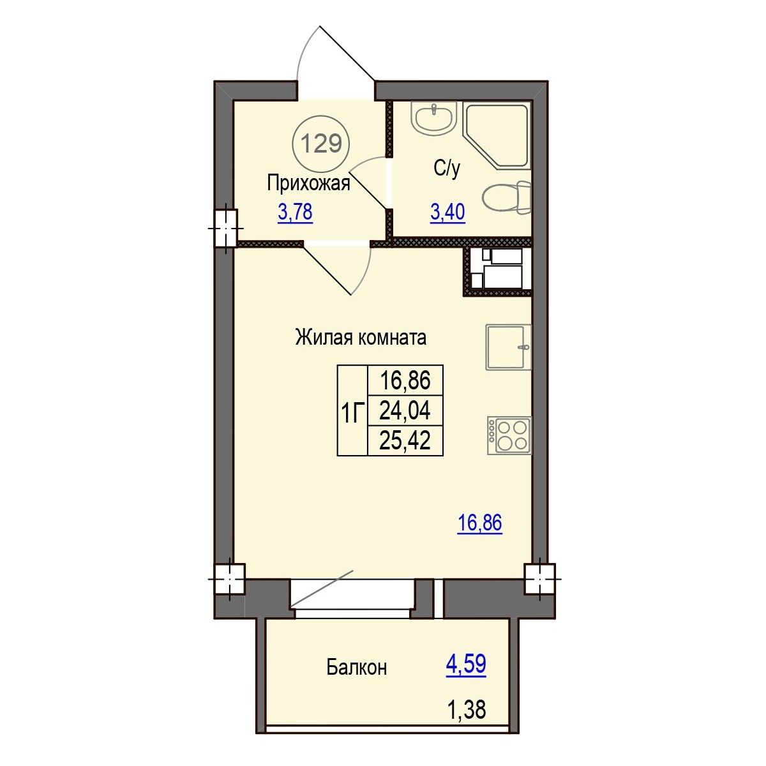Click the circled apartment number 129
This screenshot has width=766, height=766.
(x=321, y=144)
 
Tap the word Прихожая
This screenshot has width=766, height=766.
(x=308, y=184)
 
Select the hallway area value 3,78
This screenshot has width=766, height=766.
(x=295, y=212)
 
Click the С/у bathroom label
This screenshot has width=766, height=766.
(x=446, y=169)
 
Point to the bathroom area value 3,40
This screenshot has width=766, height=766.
(x=447, y=212)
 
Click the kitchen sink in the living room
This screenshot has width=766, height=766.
(x=508, y=347)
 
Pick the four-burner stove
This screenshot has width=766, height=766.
(x=509, y=435)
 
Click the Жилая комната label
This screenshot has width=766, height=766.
(x=361, y=338)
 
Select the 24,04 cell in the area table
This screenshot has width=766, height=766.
(x=405, y=410)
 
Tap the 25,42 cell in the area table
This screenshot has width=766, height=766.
(x=405, y=440)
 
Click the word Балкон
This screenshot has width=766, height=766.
(x=356, y=668)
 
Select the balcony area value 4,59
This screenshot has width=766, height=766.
(x=466, y=664)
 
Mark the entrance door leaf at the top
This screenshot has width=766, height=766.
(x=347, y=53)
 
